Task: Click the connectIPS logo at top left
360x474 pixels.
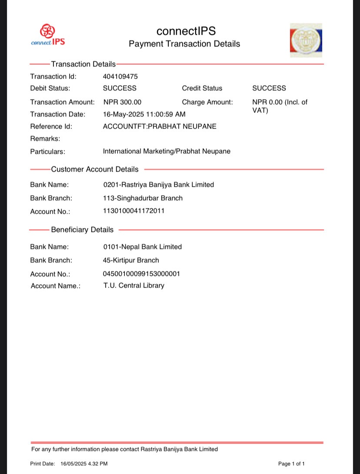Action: pyautogui.click(x=48, y=35)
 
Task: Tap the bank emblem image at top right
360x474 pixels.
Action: pyautogui.click(x=306, y=40)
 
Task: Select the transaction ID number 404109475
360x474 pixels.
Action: pyautogui.click(x=120, y=76)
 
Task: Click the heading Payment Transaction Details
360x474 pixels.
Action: pyautogui.click(x=184, y=44)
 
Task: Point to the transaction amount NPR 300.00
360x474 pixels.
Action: pyautogui.click(x=123, y=102)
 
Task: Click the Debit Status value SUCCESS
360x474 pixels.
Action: pyautogui.click(x=120, y=88)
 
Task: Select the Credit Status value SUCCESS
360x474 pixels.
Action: pyautogui.click(x=269, y=88)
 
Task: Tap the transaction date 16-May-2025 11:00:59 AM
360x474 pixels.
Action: pyautogui.click(x=144, y=114)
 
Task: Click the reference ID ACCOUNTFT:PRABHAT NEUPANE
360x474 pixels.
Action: pyautogui.click(x=160, y=126)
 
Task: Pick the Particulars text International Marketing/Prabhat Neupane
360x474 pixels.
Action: pyautogui.click(x=167, y=151)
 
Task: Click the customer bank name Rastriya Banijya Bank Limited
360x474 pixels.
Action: pyautogui.click(x=159, y=185)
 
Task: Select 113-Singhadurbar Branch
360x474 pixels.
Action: pyautogui.click(x=143, y=198)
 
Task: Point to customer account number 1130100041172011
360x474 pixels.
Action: pyautogui.click(x=134, y=211)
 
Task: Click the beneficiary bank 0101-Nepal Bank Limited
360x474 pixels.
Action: pyautogui.click(x=143, y=247)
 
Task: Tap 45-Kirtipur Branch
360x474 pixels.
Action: pyautogui.click(x=131, y=260)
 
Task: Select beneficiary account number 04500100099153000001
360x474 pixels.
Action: pyautogui.click(x=142, y=274)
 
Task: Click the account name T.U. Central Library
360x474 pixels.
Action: pyautogui.click(x=134, y=285)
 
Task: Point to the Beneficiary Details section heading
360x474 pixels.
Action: pyautogui.click(x=82, y=230)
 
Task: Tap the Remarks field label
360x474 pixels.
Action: pyautogui.click(x=45, y=139)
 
